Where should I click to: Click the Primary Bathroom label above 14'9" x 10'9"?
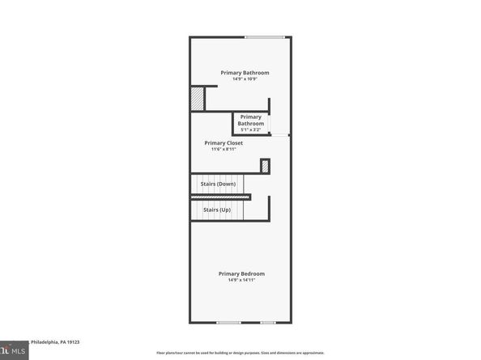pos(245,72)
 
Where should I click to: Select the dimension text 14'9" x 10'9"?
pos(245,78)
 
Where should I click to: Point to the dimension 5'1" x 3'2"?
pos(250,129)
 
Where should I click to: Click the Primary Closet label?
pos(223,142)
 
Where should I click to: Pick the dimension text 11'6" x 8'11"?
pos(223,149)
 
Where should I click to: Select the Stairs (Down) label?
pos(217,184)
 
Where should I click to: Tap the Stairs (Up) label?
pos(216,210)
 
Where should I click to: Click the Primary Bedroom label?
pos(241,273)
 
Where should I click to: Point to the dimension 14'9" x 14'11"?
pos(241,280)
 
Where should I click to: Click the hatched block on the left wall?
pos(197,98)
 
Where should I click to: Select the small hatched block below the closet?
pos(264,166)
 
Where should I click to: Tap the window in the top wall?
pos(265,37)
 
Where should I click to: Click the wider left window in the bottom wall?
pos(228,323)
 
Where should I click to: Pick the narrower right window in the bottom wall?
pos(268,323)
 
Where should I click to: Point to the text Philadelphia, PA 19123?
pos(56,342)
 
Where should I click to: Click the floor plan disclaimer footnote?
pos(240,354)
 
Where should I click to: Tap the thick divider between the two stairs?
pos(220,197)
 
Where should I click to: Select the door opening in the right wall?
pos(280,135)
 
